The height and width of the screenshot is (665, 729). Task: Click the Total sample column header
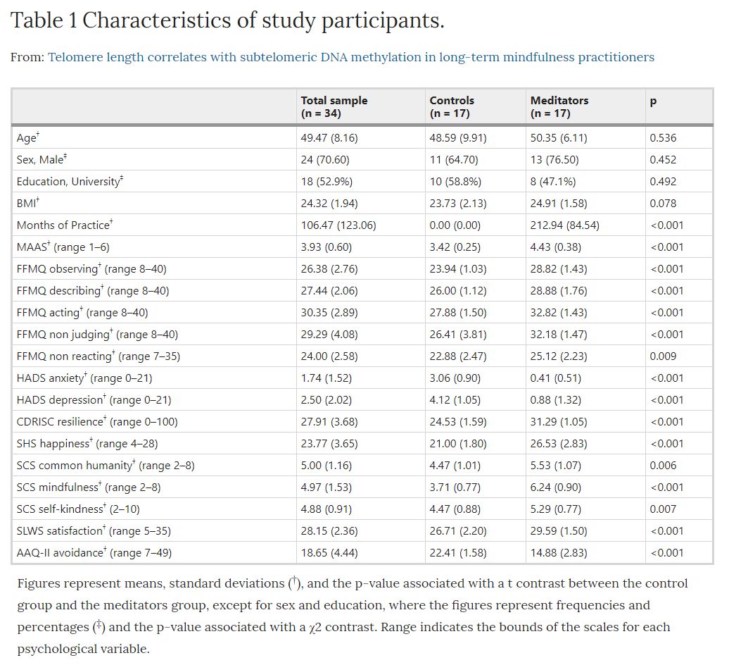334,106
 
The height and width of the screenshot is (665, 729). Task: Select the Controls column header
452,106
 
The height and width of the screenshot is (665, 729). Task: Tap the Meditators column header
559,106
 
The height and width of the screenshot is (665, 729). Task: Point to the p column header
653,101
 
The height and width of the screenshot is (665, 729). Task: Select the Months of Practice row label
65,225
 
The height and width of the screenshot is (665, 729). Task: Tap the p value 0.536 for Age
663,138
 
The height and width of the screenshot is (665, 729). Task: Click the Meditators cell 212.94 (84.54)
564,225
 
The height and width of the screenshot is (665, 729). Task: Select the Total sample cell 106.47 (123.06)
338,225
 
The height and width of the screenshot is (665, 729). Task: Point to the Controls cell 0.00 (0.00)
455,225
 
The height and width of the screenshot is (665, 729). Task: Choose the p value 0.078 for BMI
663,204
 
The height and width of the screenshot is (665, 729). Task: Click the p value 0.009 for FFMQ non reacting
663,356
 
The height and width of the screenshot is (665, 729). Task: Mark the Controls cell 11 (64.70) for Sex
453,160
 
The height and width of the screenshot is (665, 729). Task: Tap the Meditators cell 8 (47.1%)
553,182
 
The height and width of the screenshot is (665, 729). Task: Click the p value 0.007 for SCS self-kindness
663,509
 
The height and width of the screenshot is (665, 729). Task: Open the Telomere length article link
351,57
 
